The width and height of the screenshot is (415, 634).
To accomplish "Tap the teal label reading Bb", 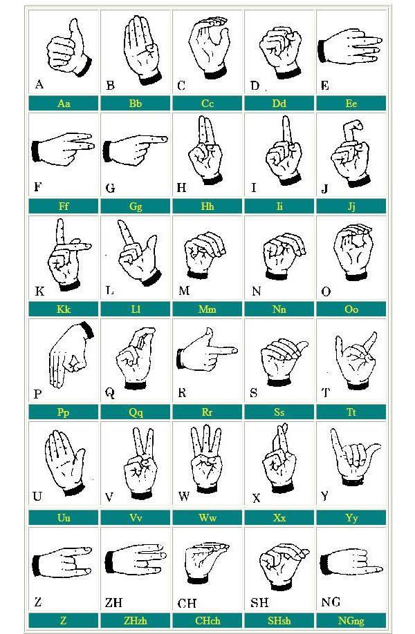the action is pos(136,104).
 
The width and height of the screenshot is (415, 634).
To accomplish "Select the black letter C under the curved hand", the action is pos(181,86).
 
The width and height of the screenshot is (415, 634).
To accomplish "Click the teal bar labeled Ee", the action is pos(351,104).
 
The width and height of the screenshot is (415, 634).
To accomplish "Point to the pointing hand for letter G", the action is pos(135,148).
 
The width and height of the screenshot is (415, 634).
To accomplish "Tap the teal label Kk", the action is pos(64,309).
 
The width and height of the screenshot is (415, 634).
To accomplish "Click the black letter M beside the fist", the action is pos(184,291).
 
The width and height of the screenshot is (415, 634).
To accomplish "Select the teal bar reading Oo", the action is pos(351,309).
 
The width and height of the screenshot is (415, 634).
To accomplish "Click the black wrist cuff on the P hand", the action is pos(87,330).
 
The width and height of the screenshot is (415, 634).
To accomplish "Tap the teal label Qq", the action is pos(136,412).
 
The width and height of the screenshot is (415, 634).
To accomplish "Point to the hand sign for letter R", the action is pos(207,350).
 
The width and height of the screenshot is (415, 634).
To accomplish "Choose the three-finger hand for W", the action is pos(207,459).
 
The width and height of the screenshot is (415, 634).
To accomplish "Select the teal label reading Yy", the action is pos(351,517).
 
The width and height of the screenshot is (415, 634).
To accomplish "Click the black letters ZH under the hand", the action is pos(113,602).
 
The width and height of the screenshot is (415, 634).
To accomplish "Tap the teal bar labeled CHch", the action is pos(207,620).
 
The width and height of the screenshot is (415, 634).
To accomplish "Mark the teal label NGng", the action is pos(351,620).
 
